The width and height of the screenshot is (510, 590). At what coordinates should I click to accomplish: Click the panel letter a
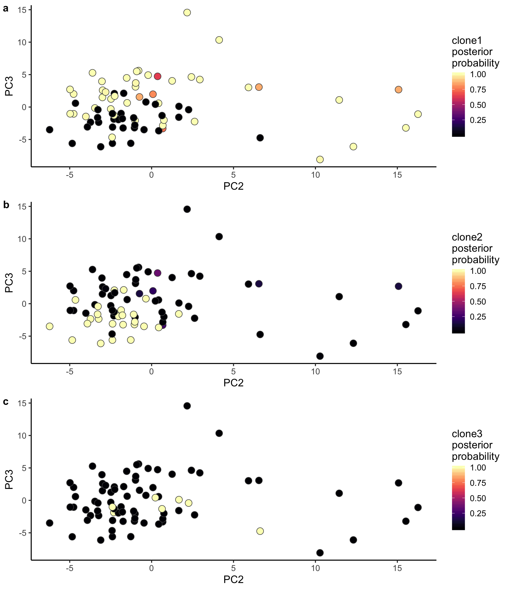coord(6,9)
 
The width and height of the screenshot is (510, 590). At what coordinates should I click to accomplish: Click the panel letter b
coord(6,205)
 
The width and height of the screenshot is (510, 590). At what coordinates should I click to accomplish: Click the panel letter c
coord(6,401)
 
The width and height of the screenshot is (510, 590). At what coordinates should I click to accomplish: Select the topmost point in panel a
coord(187,13)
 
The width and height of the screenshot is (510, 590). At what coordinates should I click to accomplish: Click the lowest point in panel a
coord(320,160)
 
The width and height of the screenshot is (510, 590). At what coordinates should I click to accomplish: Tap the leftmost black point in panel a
coord(49,130)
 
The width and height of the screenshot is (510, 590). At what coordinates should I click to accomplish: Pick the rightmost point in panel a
coord(418,114)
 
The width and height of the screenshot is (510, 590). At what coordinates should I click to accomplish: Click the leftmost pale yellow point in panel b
coord(49,326)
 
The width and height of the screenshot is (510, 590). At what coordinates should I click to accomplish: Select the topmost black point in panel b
coord(187,209)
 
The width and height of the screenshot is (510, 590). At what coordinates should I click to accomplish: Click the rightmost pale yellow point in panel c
coord(260,531)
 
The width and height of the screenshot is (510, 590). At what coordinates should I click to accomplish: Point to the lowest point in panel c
coord(320,553)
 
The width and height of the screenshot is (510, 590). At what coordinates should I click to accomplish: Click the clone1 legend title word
coord(467,41)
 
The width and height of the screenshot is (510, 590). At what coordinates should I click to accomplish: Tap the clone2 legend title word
coord(467,237)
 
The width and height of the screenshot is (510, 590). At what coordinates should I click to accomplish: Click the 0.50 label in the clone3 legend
coord(478,498)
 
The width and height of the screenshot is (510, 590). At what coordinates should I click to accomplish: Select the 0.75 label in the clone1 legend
coord(478,90)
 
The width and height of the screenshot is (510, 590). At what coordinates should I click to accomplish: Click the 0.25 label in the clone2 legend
coord(478,317)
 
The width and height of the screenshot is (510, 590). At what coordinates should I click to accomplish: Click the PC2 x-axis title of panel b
coord(233,383)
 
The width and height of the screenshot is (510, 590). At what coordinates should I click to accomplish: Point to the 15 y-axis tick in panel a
coord(22,10)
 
